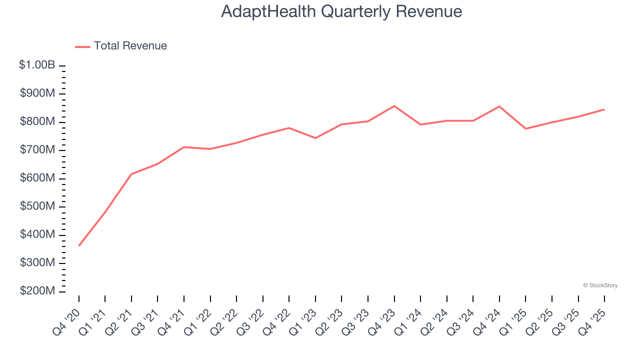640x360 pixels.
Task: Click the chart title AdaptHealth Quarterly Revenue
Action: point(341,11)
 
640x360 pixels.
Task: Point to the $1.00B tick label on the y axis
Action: point(37,65)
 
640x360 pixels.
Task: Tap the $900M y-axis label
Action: point(37,93)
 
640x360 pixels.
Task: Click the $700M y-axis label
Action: point(37,150)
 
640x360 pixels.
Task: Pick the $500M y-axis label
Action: point(37,206)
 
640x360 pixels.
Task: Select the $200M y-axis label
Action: point(37,291)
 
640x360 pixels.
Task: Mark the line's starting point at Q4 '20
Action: point(79,245)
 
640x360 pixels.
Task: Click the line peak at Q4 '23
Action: point(394,106)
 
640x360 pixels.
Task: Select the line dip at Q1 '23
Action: point(315,138)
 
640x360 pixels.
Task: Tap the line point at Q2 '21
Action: point(131,174)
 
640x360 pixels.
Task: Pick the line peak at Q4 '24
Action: point(499,106)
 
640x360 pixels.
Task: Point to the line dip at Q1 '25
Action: point(525,129)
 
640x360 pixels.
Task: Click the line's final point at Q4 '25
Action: point(604,109)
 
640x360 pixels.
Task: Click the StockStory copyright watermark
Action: point(600,285)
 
